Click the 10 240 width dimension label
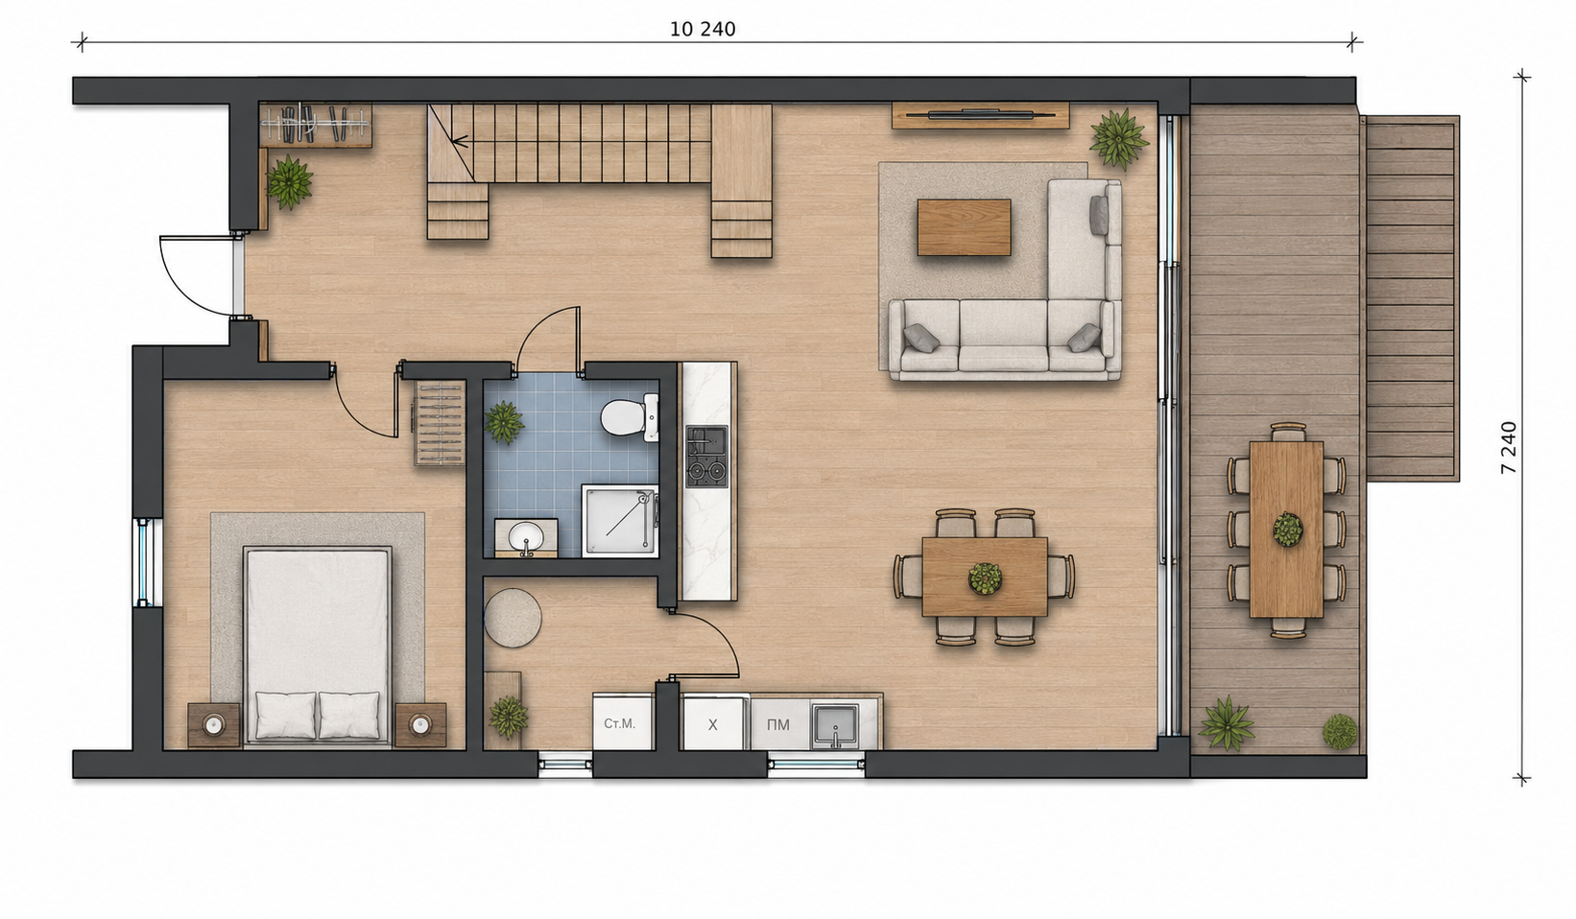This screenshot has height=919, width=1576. pos(703,30)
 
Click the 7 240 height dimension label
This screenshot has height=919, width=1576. pos(1509,447)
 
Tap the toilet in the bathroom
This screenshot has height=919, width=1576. pos(629,417)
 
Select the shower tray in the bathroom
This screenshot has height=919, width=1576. pos(620,521)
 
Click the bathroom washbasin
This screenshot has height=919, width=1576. pos(526,538)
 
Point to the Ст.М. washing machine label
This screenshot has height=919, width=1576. pos(620,723)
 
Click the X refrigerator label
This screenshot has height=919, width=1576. pos(713,725)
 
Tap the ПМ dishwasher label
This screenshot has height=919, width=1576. pos(778,725)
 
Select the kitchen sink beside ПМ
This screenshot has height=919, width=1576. pos(835,725)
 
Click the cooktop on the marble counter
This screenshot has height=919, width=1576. pos(706,457)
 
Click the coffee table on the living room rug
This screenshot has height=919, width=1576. pos(964,227)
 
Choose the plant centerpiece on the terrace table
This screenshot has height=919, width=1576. pos(1287,530)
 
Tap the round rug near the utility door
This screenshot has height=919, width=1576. pos(513,618)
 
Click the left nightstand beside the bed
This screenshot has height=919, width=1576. pos(214,724)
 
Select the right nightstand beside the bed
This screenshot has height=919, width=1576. pos(420,724)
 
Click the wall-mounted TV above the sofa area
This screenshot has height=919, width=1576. pos(981,114)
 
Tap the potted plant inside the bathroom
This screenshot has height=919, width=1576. pos(504,423)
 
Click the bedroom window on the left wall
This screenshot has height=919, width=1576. pos(143,562)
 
